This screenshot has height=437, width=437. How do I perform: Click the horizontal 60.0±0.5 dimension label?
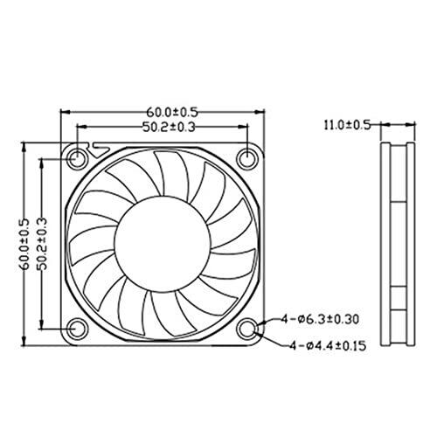point(172,112)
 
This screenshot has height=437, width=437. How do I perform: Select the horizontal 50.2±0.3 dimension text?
point(169,127)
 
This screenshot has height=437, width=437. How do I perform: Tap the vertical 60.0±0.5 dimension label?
point(25,244)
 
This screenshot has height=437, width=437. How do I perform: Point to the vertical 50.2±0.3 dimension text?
point(42,244)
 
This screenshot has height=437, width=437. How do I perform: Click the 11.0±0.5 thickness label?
point(347,125)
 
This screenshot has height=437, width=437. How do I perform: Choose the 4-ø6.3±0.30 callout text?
point(320,320)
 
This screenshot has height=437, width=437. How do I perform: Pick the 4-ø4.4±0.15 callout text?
point(328,346)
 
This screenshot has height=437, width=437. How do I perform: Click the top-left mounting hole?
point(77,159)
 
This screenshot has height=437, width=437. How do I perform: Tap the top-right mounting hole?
point(247,159)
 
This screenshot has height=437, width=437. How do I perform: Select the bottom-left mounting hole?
point(77,329)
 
